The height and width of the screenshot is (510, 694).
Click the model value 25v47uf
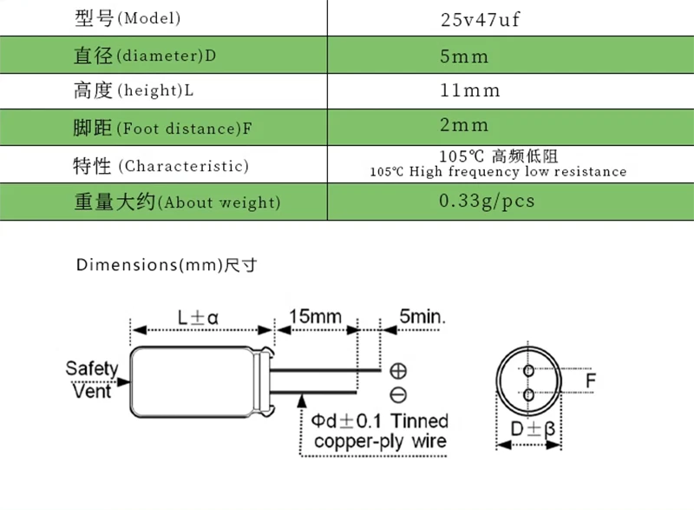tap(480, 19)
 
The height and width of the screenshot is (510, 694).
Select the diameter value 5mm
tap(464, 56)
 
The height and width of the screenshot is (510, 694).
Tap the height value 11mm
tap(470, 90)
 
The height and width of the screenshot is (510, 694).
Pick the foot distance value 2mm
tap(464, 126)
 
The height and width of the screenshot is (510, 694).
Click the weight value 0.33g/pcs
tap(487, 201)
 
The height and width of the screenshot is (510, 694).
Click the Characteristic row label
tap(160, 165)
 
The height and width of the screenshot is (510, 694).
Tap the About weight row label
tap(177, 202)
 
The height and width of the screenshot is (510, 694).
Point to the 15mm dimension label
tap(315, 315)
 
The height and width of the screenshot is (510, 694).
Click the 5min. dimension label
tap(422, 315)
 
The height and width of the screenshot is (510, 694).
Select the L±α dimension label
tap(199, 317)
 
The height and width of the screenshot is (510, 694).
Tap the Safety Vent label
tap(91, 380)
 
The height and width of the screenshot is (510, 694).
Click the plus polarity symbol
tap(398, 370)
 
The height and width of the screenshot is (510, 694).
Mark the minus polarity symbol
tap(398, 396)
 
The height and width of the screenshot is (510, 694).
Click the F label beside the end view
tap(591, 381)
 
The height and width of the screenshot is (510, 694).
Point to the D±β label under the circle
tap(532, 430)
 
